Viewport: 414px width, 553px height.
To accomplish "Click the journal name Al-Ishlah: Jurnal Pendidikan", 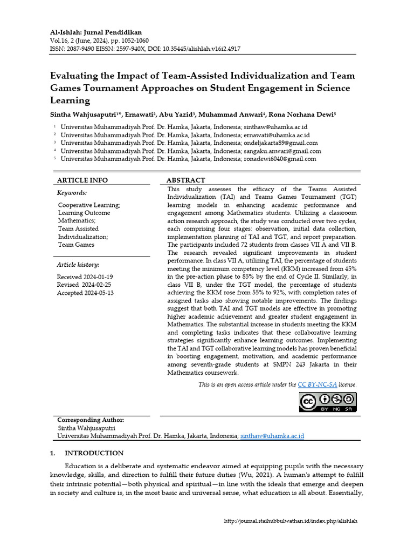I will click(96, 32).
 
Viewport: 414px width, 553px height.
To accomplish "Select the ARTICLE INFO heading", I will click(82, 180).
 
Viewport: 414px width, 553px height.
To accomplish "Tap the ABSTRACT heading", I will click(185, 180).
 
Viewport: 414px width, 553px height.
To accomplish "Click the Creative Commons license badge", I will click(328, 402).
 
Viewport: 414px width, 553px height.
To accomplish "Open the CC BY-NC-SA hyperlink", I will click(318, 385).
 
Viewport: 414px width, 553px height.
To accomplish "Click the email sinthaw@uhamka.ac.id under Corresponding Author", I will click(273, 435).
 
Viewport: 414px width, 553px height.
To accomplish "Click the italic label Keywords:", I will click(72, 193).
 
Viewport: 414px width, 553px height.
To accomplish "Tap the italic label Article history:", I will click(78, 265).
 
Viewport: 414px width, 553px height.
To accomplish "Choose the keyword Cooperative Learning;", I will click(89, 205).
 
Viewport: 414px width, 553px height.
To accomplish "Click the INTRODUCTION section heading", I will click(94, 453).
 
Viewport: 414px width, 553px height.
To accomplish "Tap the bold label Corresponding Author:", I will click(91, 420).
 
